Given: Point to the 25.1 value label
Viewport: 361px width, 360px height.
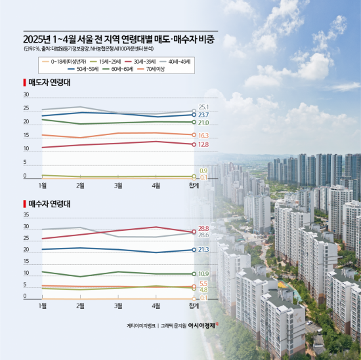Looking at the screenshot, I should click(x=203, y=107).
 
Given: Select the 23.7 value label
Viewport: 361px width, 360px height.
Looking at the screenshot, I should click(x=203, y=115).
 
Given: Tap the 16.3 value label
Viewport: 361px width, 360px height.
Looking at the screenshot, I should click(x=203, y=135).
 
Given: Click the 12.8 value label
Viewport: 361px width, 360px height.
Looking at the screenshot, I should click(x=203, y=144).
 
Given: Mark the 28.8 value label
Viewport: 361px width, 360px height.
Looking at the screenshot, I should click(x=203, y=228).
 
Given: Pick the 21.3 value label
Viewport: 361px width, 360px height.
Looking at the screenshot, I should click(x=203, y=250).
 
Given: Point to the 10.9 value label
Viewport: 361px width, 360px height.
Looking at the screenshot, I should click(x=203, y=273).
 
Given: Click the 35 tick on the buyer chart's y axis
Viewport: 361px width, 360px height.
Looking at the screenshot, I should click(x=26, y=214).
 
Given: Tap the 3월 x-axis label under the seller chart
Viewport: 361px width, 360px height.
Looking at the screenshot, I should click(x=118, y=186).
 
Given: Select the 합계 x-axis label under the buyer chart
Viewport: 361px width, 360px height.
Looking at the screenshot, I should click(x=194, y=306).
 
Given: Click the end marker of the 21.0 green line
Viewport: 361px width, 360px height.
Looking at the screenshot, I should click(x=194, y=122).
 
